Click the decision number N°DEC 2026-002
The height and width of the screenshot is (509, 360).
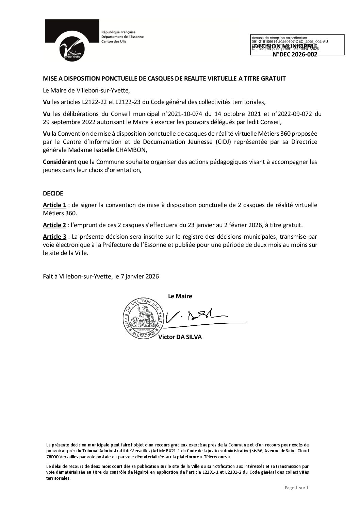coord(295,54)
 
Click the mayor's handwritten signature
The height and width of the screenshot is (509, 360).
coord(197,318)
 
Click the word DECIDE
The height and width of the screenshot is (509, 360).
coord(53,193)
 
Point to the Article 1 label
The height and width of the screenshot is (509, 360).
coord(54,205)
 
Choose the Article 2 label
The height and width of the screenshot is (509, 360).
coord(54,225)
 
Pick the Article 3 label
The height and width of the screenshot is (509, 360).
coord(54,237)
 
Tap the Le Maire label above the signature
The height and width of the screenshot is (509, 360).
coord(180,296)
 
